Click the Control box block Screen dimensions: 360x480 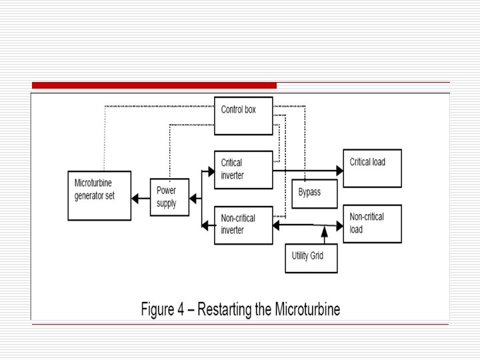[244, 115]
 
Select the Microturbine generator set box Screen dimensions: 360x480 [99, 195]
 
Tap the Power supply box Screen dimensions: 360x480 [169, 197]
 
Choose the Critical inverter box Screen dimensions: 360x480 [243, 169]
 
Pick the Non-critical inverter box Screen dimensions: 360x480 [243, 225]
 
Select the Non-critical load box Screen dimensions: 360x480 [372, 223]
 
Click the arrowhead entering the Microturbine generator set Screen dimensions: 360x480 [136, 197]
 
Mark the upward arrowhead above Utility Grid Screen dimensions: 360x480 [324, 231]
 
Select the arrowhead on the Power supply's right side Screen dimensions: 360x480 [193, 197]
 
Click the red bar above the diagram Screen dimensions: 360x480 [154, 85]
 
